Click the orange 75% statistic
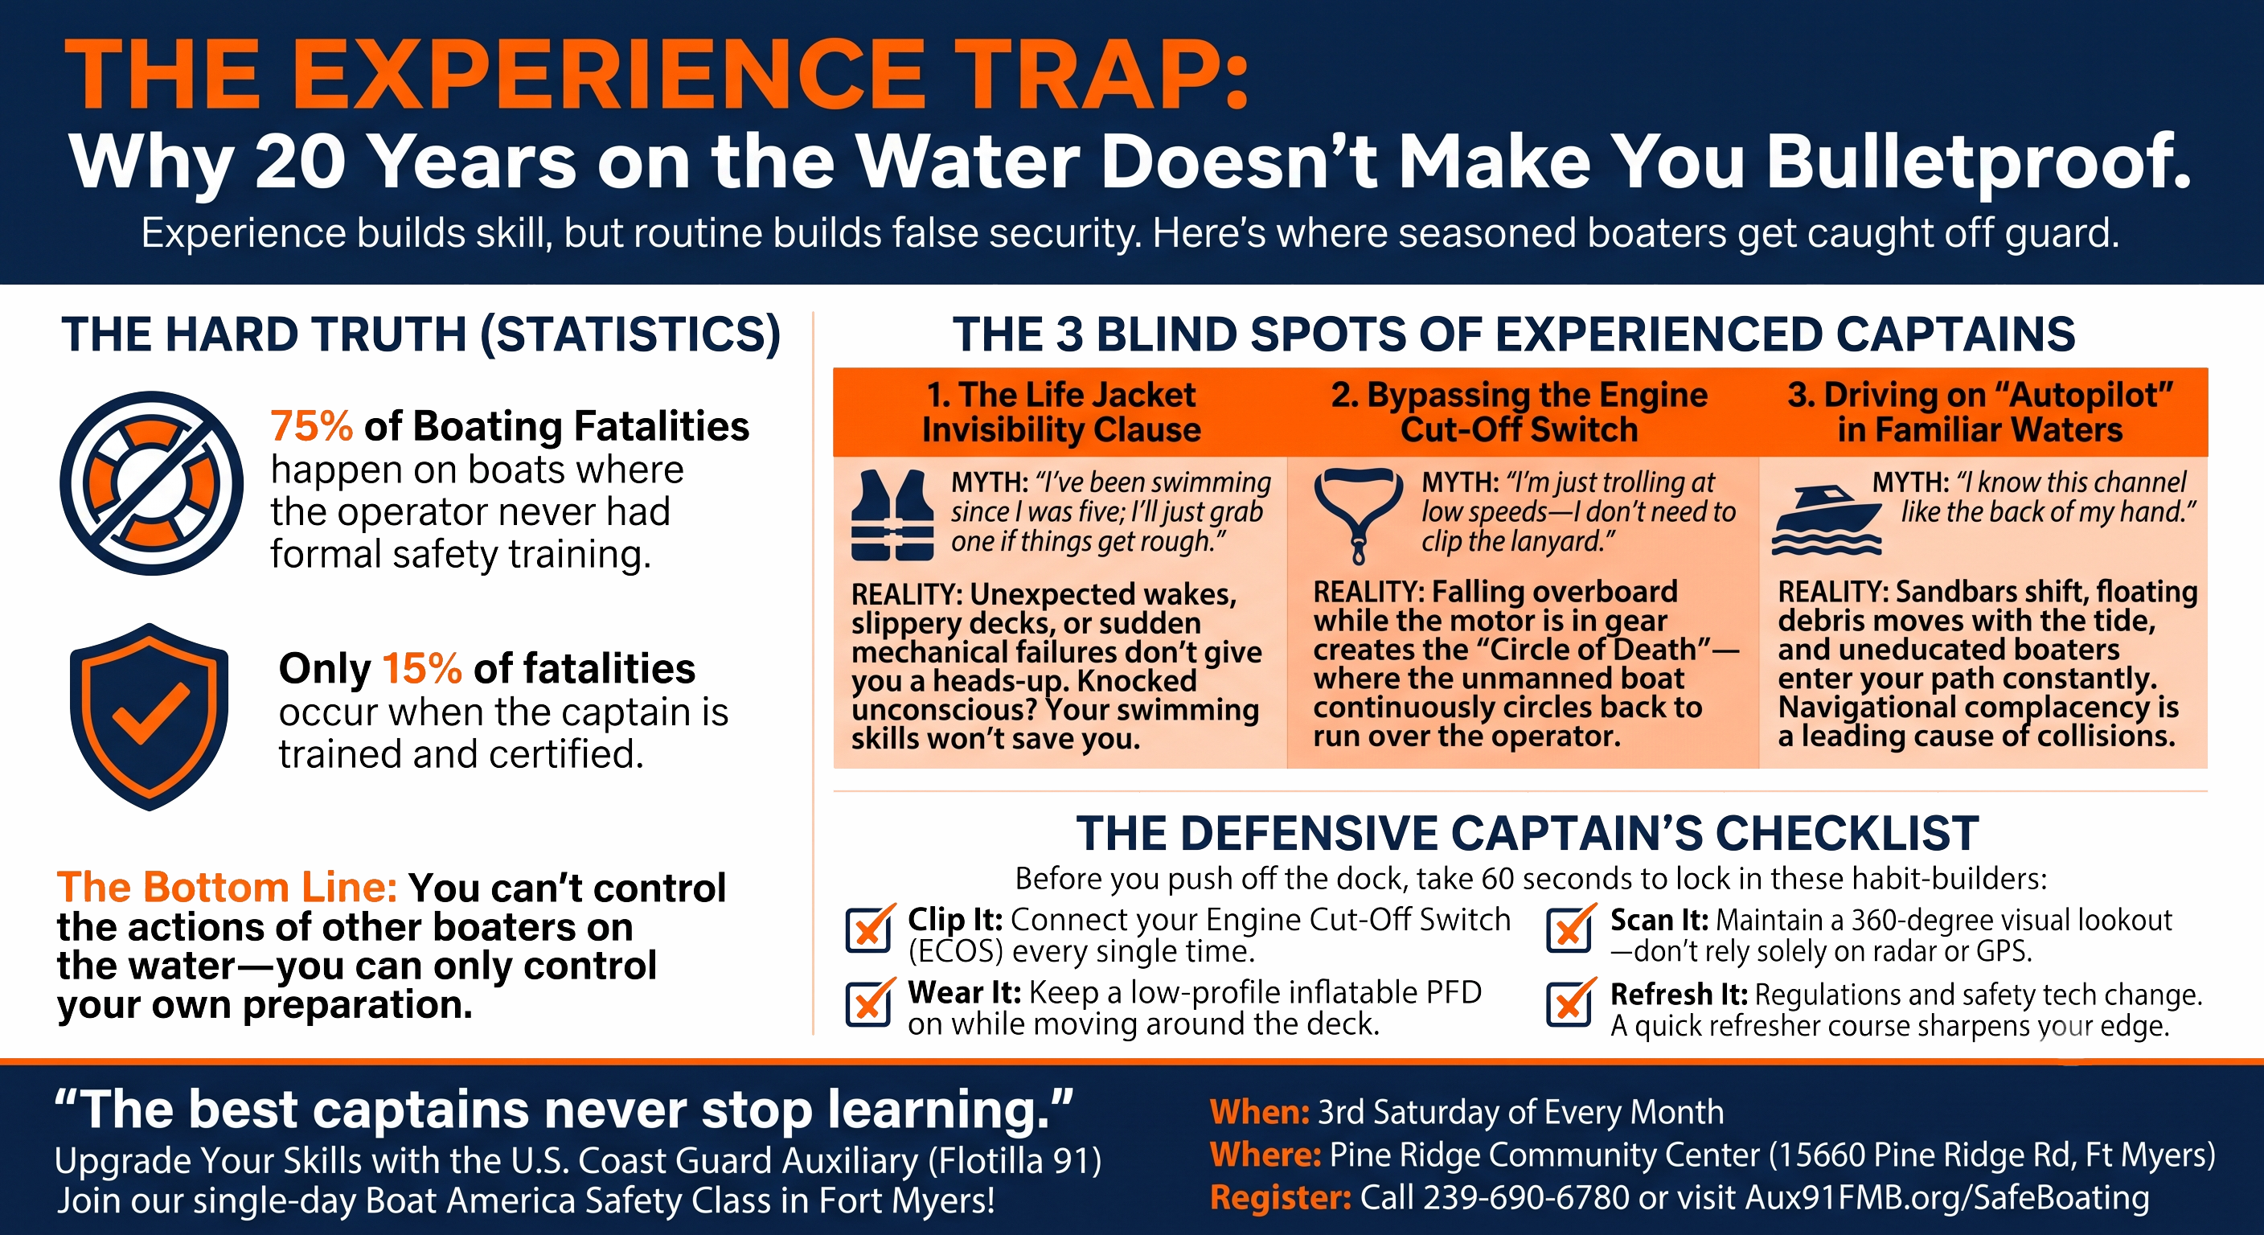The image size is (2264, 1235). (311, 426)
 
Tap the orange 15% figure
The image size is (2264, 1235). (422, 669)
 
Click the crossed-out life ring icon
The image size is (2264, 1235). (151, 483)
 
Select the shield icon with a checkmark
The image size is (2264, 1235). (150, 716)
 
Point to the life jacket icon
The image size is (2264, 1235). (892, 515)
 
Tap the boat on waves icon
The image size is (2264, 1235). (1827, 519)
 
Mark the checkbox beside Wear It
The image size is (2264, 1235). (869, 1002)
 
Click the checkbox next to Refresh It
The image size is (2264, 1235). (1569, 1002)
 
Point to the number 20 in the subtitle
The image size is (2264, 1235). (300, 162)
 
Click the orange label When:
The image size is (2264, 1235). (1260, 1113)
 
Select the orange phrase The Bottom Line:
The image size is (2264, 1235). (227, 887)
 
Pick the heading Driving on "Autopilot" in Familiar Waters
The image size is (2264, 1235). (1980, 412)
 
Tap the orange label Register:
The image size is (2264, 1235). (1281, 1198)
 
